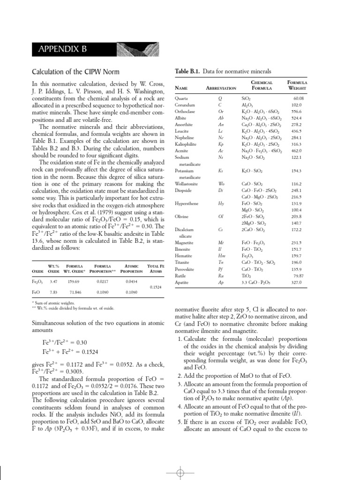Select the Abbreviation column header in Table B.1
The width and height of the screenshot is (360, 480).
221,88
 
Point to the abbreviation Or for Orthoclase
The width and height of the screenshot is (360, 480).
221,112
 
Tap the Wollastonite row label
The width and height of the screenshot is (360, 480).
186,184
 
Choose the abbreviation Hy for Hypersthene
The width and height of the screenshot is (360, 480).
221,204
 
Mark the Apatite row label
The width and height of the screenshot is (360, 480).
181,283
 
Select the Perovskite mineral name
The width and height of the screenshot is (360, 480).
183,270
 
